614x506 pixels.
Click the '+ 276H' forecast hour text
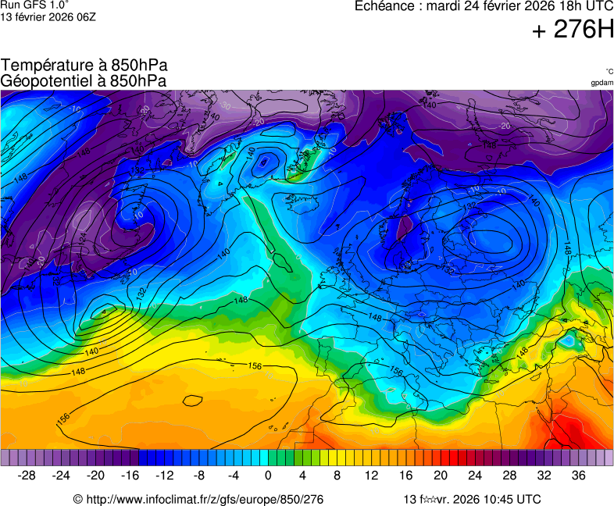(573, 30)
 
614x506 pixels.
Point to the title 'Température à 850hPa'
(84, 66)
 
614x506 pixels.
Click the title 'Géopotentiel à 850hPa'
(84, 80)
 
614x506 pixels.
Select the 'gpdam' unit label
(602, 82)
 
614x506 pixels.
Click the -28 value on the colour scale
(27, 475)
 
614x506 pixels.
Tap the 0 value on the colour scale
(268, 475)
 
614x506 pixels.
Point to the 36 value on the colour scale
(578, 475)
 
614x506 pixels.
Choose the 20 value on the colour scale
(441, 475)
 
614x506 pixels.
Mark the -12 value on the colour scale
(165, 475)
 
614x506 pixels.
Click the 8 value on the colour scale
(337, 475)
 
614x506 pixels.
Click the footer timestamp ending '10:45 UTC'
(472, 499)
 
